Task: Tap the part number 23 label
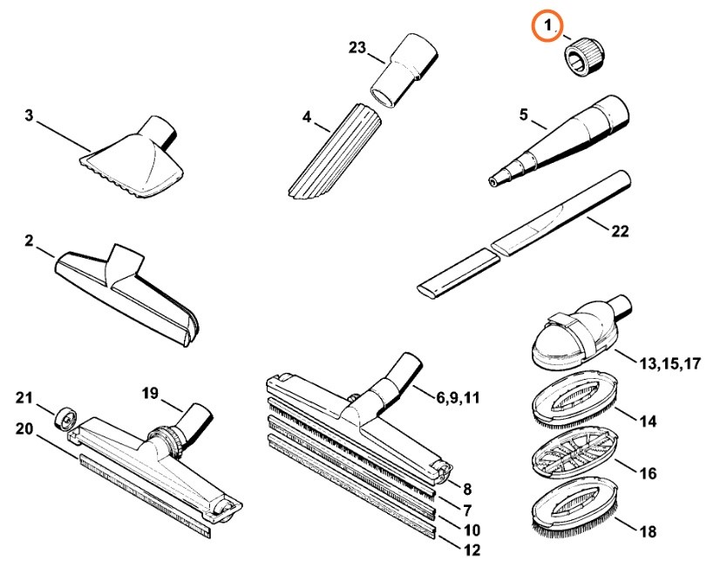tap(357, 47)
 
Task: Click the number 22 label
tap(620, 231)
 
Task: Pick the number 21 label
tap(24, 398)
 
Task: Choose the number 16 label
tap(648, 473)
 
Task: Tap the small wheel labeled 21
tap(65, 418)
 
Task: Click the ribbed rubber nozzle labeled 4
tap(335, 152)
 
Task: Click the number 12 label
tap(472, 550)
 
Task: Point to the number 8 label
tap(467, 490)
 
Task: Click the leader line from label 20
tap(57, 447)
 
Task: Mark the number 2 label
tap(29, 240)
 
